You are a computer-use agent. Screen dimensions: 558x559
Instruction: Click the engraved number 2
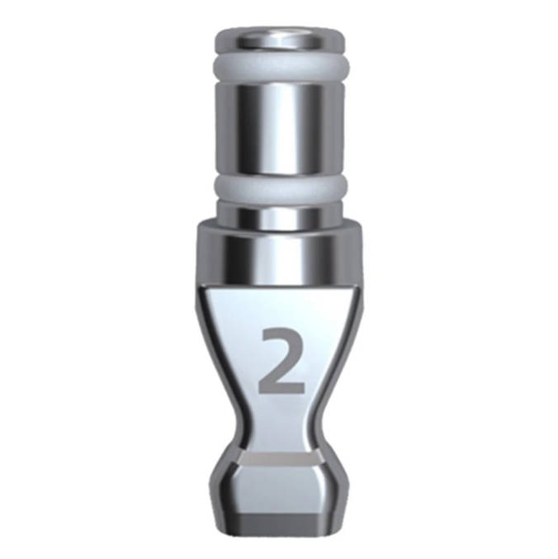(281, 361)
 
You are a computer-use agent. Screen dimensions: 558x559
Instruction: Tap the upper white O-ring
(281, 69)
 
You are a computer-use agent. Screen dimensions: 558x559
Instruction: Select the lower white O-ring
(281, 189)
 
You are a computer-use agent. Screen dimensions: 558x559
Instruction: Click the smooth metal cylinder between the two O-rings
(281, 131)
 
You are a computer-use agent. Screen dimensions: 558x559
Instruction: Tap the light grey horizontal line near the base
(281, 460)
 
